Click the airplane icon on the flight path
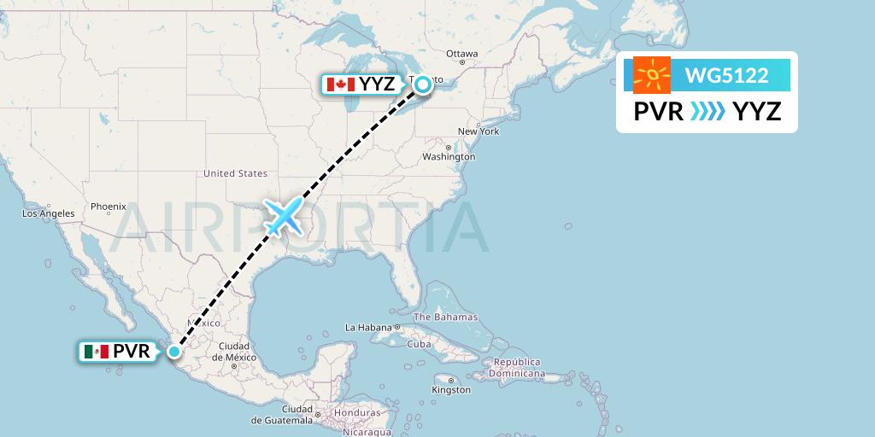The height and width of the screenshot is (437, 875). click(284, 217)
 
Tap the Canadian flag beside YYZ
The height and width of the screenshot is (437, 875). click(340, 84)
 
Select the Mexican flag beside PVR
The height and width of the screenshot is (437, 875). click(97, 351)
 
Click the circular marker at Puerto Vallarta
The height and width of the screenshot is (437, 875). click(174, 351)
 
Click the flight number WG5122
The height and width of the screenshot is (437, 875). click(726, 76)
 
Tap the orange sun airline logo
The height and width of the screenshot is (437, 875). click(652, 76)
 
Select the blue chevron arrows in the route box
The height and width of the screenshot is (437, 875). click(708, 111)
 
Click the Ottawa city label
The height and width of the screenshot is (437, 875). click(461, 54)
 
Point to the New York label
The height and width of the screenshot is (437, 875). click(479, 131)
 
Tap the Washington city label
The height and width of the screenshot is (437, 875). click(449, 157)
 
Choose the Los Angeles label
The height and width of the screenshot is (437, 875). click(49, 213)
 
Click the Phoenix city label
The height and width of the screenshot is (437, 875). click(109, 206)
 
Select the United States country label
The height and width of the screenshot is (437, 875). click(235, 173)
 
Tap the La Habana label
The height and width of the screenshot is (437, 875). click(373, 327)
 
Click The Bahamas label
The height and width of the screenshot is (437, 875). click(446, 318)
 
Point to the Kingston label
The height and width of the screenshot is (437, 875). click(451, 390)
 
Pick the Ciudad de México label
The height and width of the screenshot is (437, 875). click(233, 351)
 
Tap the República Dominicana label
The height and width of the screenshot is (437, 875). click(516, 368)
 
